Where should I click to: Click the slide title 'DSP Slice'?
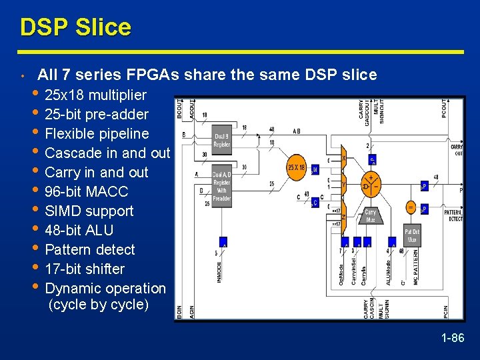click(75, 27)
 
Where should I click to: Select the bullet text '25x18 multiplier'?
click(95, 95)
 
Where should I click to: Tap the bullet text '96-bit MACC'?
click(86, 191)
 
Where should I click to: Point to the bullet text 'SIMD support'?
click(89, 211)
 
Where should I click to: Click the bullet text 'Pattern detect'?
click(89, 249)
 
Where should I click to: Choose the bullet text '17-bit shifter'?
click(85, 269)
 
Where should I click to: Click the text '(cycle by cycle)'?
click(99, 305)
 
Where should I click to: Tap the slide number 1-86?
click(452, 338)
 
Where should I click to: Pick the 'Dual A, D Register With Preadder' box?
click(222, 185)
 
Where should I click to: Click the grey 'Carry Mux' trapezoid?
click(371, 215)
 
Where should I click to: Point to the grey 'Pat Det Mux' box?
click(413, 236)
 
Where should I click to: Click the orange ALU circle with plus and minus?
click(371, 183)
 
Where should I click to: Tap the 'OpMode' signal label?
click(343, 273)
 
